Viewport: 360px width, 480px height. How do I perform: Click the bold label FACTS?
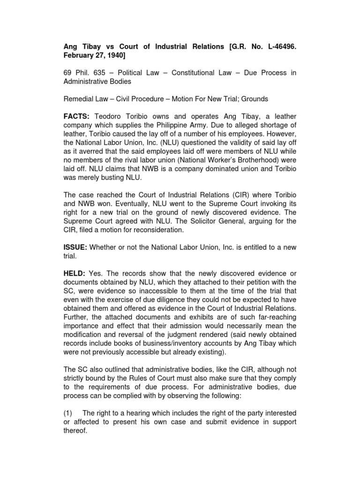click(77, 116)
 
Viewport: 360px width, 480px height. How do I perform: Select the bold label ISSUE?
click(76, 247)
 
